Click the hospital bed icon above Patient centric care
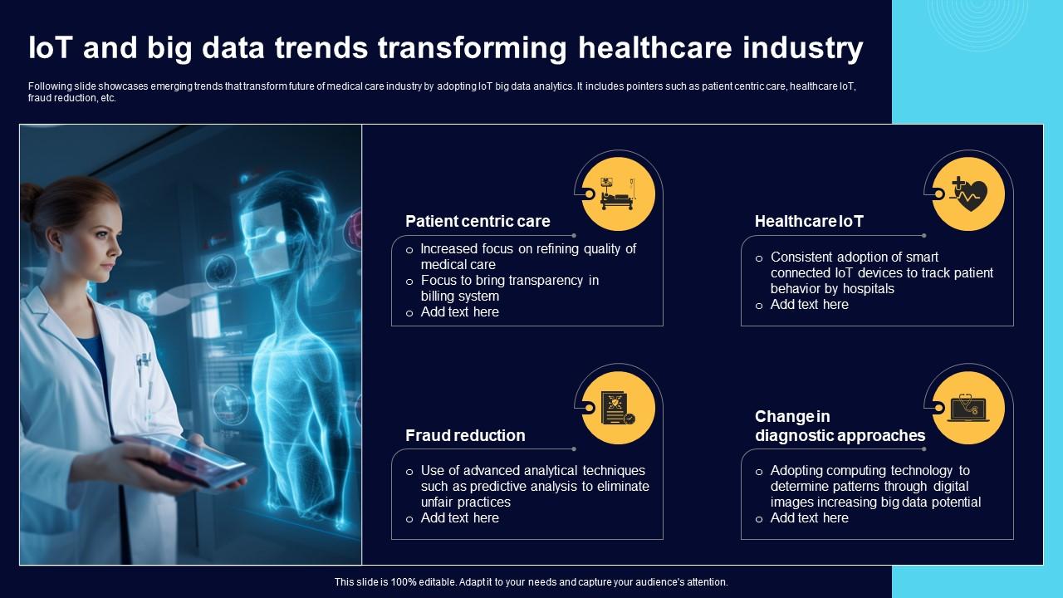[x=619, y=194]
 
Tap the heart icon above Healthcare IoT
[x=968, y=194]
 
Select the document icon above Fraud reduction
[x=619, y=408]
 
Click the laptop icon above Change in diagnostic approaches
[x=968, y=408]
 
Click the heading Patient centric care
[x=478, y=221]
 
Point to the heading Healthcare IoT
[x=809, y=221]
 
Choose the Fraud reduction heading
[x=465, y=435]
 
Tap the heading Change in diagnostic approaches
[x=840, y=426]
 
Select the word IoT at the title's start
[x=51, y=49]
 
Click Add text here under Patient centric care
[x=459, y=312]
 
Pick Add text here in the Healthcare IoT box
[x=809, y=305]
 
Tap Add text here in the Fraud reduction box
[x=459, y=518]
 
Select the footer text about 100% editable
[x=531, y=582]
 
